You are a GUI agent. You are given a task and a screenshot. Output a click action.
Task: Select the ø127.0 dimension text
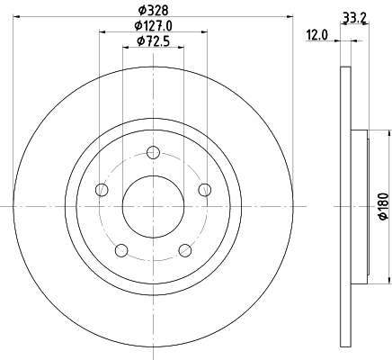(153, 25)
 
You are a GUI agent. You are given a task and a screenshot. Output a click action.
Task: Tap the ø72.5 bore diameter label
(153, 41)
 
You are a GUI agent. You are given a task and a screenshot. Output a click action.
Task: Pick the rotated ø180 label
(382, 207)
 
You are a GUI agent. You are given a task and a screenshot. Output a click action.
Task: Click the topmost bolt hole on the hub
(153, 152)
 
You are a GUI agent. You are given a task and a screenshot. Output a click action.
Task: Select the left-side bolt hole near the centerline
(101, 190)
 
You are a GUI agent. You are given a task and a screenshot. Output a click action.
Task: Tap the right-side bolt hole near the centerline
(205, 189)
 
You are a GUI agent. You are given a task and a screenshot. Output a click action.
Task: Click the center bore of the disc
(153, 206)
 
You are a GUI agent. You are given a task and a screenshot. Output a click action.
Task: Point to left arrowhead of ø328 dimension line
(17, 16)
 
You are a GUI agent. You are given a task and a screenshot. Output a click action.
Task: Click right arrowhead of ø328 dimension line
(289, 16)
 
